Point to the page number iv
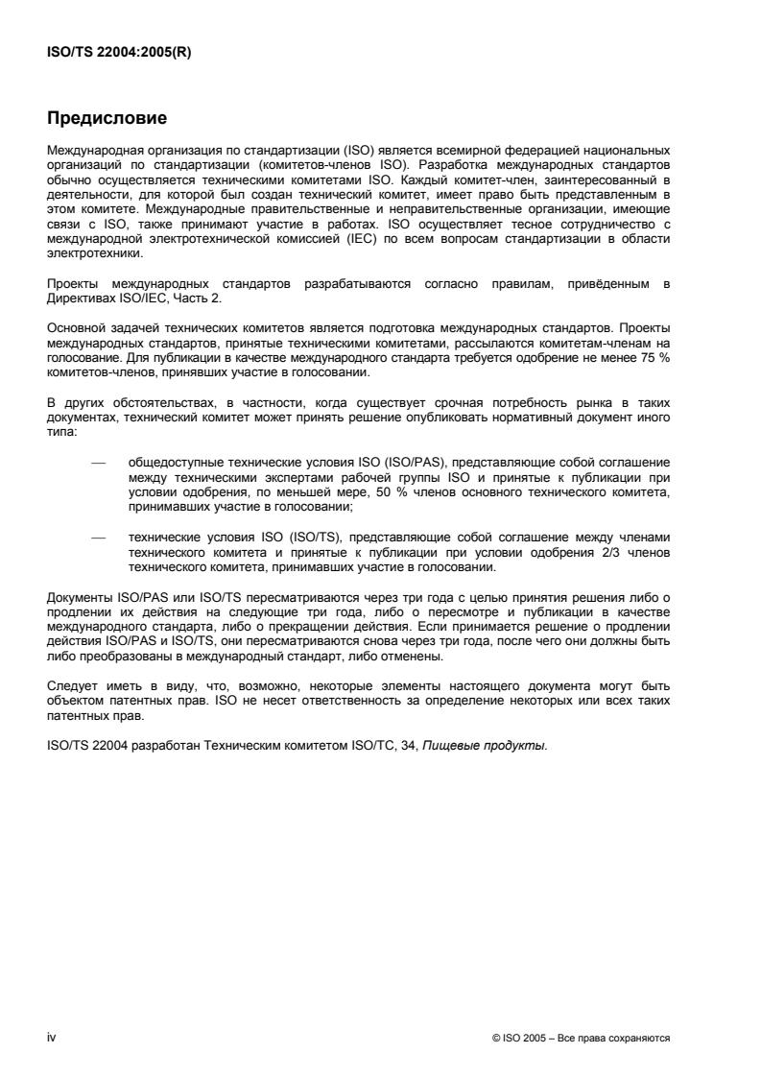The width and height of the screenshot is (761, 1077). point(52,1038)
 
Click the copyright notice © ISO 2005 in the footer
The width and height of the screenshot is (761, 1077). point(519,1039)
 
